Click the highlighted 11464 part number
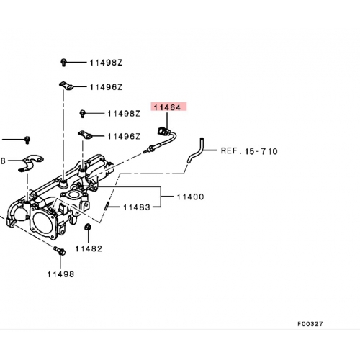click(x=167, y=107)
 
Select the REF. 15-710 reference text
click(x=249, y=151)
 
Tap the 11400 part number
click(x=190, y=197)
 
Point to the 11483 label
click(x=137, y=207)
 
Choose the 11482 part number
click(x=89, y=248)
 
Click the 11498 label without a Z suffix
click(x=60, y=274)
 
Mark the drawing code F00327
click(x=310, y=324)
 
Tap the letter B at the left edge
click(x=3, y=161)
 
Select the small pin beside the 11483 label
click(x=107, y=206)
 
